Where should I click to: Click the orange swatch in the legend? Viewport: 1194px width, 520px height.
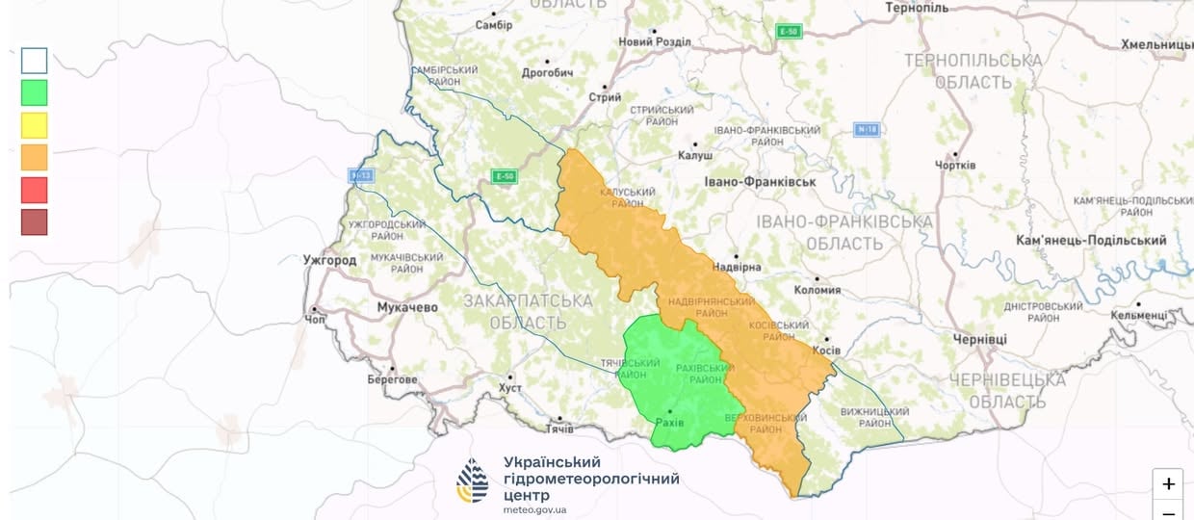tap(34, 157)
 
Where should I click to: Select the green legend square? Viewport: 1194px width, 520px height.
tap(34, 92)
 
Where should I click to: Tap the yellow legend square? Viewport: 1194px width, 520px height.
tap(34, 125)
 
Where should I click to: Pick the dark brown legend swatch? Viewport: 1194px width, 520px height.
tap(34, 222)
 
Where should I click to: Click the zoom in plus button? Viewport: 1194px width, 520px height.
tap(1168, 484)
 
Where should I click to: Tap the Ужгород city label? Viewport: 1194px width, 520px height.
tap(329, 260)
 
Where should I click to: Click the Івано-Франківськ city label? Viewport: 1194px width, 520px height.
tap(760, 181)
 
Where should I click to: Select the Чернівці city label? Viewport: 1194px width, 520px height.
tap(979, 340)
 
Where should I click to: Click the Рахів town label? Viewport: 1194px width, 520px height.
tap(668, 423)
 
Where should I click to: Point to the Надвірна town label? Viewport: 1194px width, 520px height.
tap(737, 267)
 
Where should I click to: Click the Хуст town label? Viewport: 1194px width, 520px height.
tap(510, 388)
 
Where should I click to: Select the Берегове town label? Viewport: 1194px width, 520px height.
tap(392, 379)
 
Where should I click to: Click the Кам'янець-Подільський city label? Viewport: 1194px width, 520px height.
tap(1091, 240)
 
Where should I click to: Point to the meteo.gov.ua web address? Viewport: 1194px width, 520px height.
tap(534, 509)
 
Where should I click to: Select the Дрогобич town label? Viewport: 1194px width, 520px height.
tap(547, 73)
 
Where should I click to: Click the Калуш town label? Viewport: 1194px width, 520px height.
tap(694, 155)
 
